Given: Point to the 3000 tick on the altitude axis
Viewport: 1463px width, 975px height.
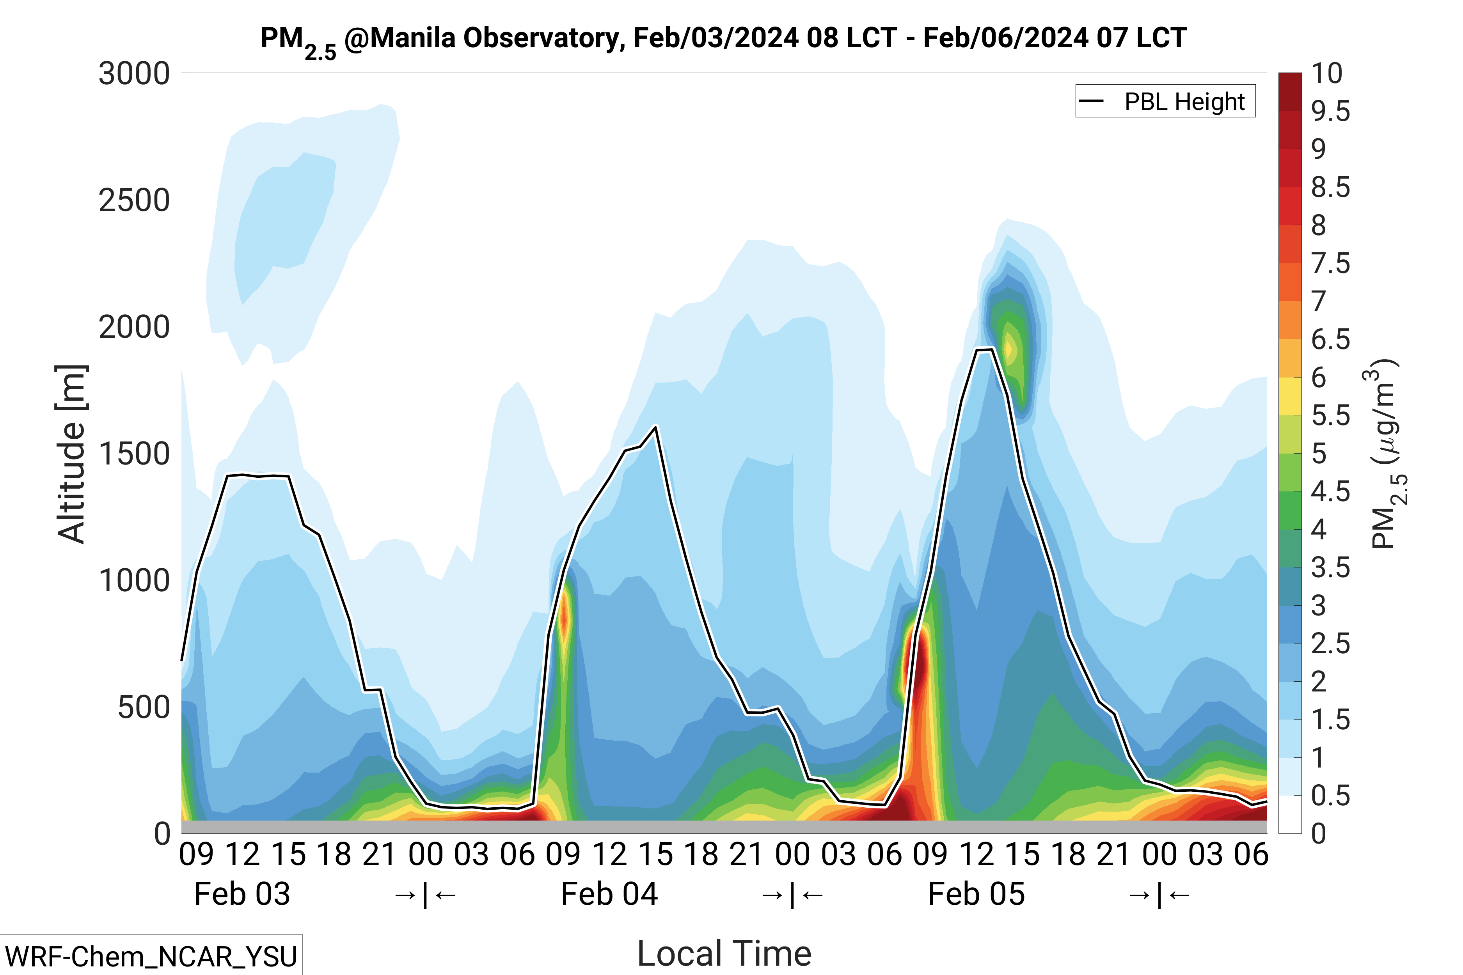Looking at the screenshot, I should pyautogui.click(x=134, y=74).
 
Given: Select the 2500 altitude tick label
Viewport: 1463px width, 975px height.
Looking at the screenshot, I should pyautogui.click(x=134, y=201).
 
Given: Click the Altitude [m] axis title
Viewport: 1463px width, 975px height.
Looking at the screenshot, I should pyautogui.click(x=71, y=454).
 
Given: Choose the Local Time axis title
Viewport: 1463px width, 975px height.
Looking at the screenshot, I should pyautogui.click(x=724, y=953).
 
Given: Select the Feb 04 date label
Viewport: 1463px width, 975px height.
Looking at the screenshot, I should pyautogui.click(x=609, y=894).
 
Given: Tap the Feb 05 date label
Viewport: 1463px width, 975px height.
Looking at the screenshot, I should pyautogui.click(x=976, y=894).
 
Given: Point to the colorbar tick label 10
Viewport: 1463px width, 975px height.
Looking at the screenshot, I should pyautogui.click(x=1327, y=74).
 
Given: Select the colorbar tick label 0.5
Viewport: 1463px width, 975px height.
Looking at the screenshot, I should pyautogui.click(x=1330, y=796).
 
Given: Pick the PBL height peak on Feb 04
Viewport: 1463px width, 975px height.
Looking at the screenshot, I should pyautogui.click(x=655, y=427).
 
